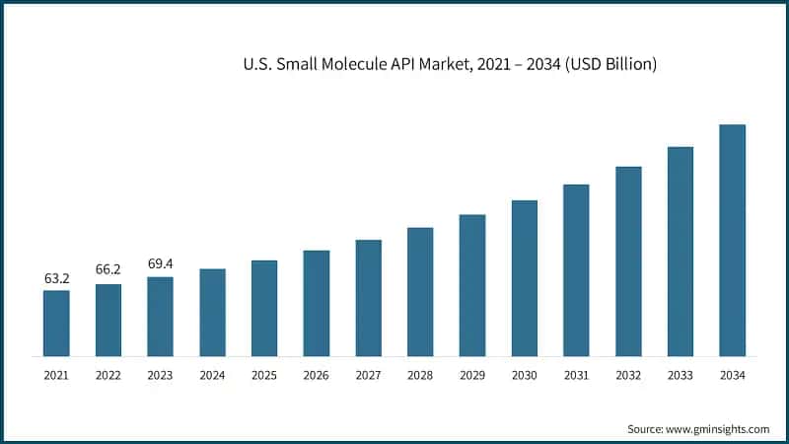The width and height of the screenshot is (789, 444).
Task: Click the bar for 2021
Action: [56, 323]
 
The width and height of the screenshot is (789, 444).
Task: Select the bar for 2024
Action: [212, 312]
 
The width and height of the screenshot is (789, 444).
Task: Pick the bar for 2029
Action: [472, 285]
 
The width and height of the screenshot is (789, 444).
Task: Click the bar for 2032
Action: [628, 260]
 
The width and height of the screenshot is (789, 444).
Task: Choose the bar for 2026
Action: [317, 303]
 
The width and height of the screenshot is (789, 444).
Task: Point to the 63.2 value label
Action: [56, 279]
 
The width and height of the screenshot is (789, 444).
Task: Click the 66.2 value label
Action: [108, 268]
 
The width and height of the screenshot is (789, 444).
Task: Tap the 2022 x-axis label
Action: [108, 376]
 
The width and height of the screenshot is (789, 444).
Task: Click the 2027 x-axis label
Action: [368, 376]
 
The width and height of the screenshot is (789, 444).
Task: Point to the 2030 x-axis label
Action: [524, 376]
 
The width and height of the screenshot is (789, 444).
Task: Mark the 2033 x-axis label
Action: [680, 376]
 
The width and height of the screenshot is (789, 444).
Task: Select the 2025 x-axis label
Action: [264, 376]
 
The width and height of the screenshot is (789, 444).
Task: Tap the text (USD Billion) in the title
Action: [608, 64]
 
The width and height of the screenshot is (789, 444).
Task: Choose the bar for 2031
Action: [576, 269]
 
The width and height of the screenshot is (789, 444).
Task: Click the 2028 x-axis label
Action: [420, 376]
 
